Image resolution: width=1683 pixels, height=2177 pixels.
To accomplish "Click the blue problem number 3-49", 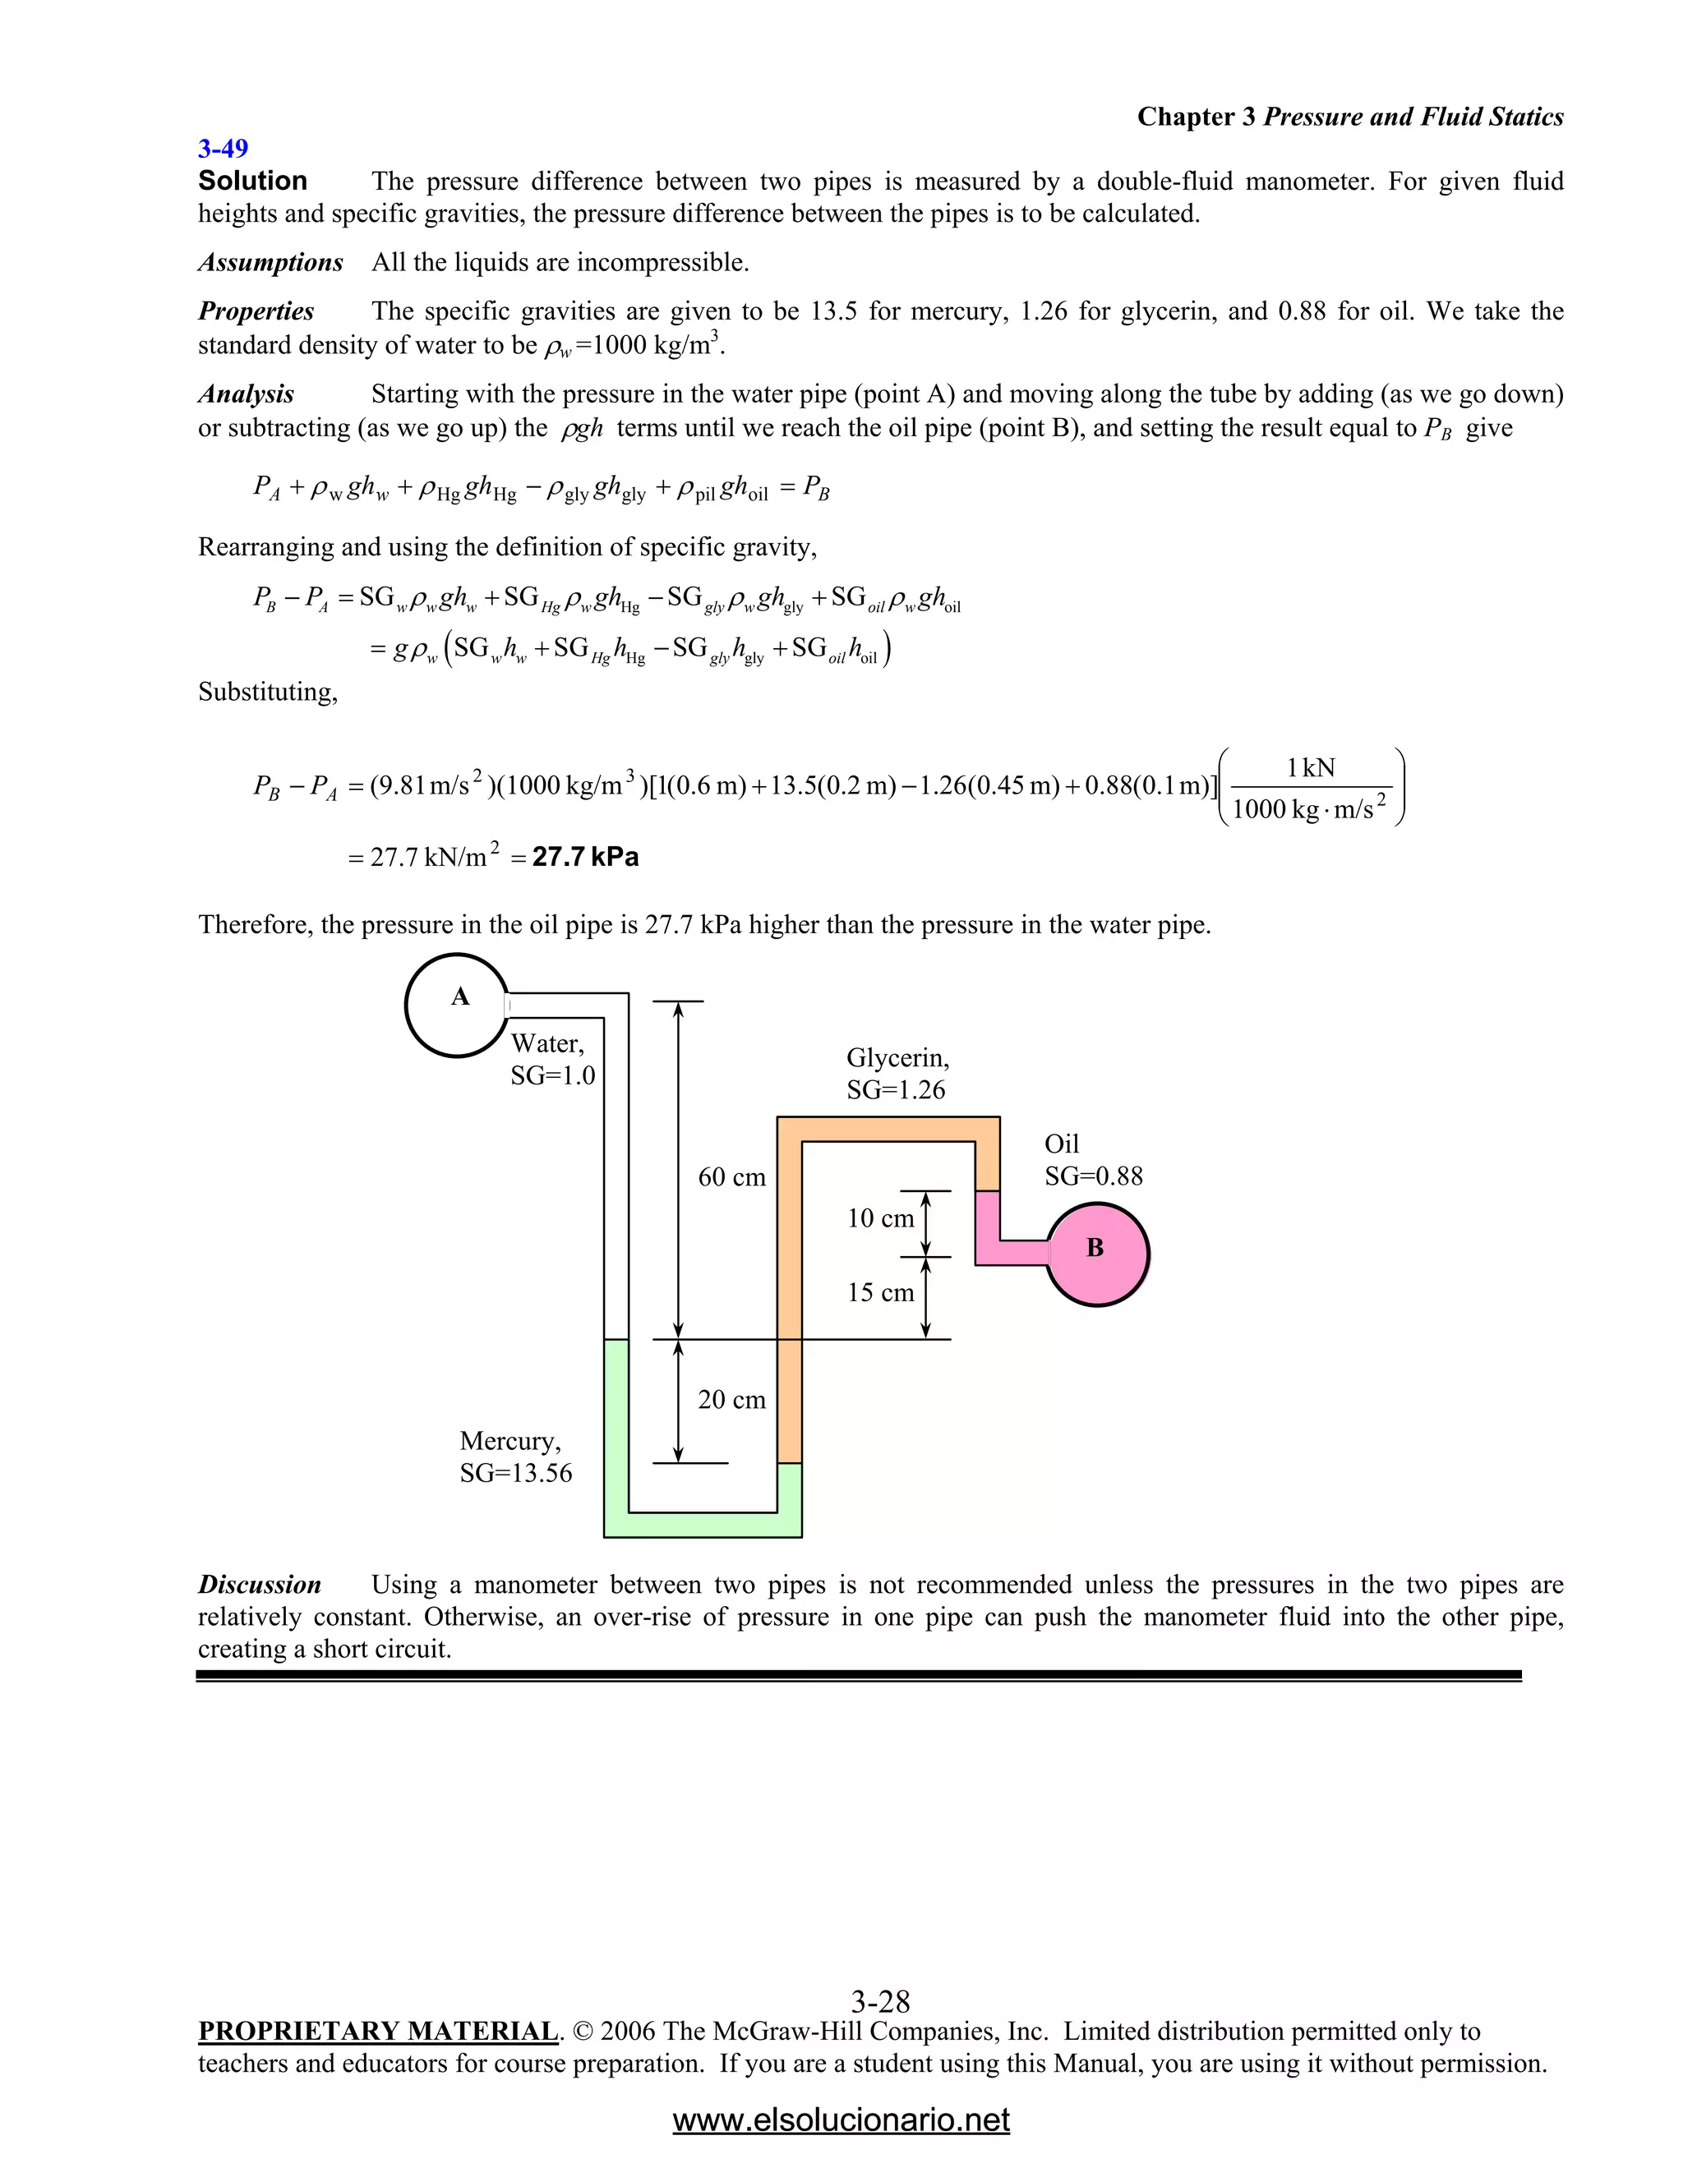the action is click(x=223, y=150).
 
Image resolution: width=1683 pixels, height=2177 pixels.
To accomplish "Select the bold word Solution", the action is click(x=252, y=182).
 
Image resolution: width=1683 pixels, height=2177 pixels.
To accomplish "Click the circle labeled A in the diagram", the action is click(x=458, y=1005).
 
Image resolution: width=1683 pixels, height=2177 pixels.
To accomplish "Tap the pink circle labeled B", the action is click(x=1097, y=1254).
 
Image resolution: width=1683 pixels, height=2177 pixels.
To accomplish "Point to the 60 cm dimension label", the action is click(x=732, y=1177).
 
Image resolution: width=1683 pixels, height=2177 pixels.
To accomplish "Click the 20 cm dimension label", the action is click(x=732, y=1400).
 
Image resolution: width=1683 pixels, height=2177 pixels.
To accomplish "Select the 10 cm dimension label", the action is click(x=880, y=1218).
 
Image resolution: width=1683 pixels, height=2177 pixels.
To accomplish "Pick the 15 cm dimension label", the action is click(x=880, y=1293).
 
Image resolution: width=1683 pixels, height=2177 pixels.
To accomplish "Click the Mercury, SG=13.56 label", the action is click(x=515, y=1457).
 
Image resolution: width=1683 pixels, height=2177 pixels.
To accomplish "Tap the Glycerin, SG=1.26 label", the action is click(x=897, y=1074).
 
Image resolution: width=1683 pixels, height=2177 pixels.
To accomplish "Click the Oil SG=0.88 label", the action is click(x=1093, y=1159).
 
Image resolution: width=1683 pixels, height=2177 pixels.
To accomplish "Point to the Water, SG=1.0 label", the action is click(x=552, y=1060).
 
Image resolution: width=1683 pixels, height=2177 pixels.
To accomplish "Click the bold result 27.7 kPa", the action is click(x=585, y=857).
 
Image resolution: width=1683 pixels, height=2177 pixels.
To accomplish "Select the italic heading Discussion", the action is click(x=259, y=1585).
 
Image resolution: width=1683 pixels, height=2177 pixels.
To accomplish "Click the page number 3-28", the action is click(x=880, y=2001).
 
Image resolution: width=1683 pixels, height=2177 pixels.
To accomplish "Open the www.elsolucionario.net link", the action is click(x=841, y=2119).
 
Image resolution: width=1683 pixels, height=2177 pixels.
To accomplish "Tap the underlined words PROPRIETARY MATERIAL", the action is click(x=378, y=2032).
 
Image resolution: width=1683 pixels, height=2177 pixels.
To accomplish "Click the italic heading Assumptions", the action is click(x=270, y=263).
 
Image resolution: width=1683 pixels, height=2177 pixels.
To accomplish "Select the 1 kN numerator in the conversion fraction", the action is click(x=1310, y=767).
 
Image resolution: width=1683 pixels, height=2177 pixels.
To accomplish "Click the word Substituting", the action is click(x=267, y=692).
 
